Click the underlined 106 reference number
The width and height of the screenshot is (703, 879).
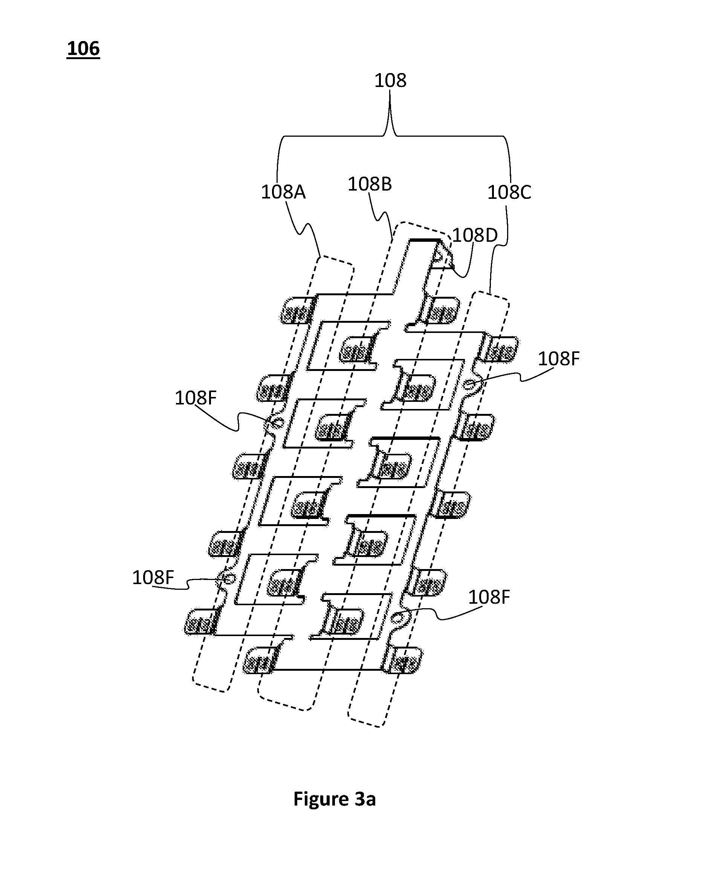(83, 49)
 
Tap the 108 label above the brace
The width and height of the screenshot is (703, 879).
(390, 80)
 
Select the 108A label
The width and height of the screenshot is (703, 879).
(283, 192)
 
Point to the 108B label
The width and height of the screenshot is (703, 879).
(370, 184)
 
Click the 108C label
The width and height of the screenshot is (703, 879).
(509, 192)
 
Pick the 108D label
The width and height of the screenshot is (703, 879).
(475, 235)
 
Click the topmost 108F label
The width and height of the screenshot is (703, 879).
(559, 359)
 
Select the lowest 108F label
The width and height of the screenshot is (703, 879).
(489, 597)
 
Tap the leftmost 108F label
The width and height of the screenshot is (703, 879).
(153, 578)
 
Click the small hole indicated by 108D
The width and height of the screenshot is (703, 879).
(438, 256)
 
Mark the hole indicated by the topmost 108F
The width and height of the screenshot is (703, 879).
(470, 384)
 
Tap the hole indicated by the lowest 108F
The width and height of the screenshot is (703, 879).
(396, 620)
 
